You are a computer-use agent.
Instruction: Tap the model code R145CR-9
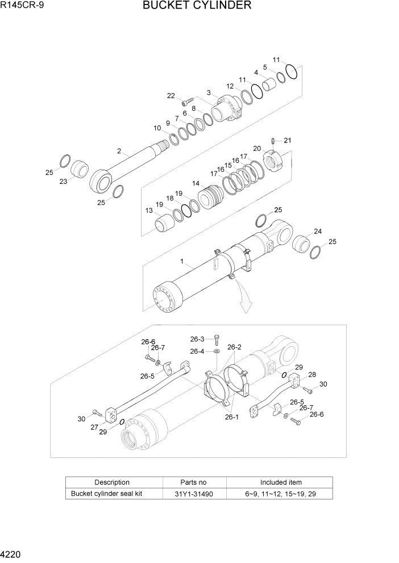pos(22,6)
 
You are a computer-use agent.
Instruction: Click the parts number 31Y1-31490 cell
pos(194,494)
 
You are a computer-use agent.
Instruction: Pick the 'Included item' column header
pos(281,482)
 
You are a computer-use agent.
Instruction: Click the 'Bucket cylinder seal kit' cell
pos(106,494)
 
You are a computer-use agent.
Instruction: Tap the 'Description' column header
pos(111,482)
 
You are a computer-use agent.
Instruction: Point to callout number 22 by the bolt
pos(171,96)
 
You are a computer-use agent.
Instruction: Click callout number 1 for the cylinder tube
pos(182,262)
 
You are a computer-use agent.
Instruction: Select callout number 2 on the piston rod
pos(119,151)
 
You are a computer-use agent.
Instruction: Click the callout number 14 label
pos(196,184)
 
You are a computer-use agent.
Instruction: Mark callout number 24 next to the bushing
pos(318,232)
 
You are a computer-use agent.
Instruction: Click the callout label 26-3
pos(197,339)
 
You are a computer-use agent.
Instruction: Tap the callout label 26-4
pos(197,351)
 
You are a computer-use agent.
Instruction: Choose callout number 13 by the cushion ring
pos(149,211)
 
